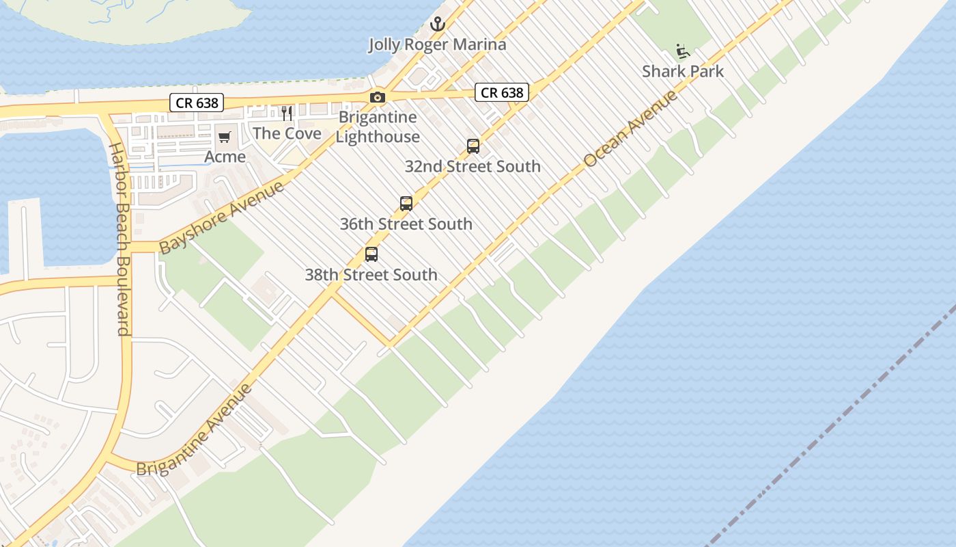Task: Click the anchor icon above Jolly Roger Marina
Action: point(437,25)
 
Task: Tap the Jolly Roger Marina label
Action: point(437,45)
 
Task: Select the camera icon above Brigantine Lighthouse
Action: point(378,98)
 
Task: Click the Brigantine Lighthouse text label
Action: point(378,127)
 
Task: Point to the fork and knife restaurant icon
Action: point(287,114)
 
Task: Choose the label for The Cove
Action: point(287,133)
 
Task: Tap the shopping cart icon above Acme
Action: point(225,137)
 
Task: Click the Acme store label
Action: point(225,157)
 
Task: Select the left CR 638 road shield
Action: point(197,103)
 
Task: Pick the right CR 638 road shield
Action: point(502,92)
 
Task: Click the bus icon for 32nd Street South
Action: point(473,146)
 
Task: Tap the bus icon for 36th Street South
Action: point(406,204)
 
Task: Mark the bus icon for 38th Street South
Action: point(371,254)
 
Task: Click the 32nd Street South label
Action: point(473,166)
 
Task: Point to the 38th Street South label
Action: point(371,275)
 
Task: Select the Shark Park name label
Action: point(683,71)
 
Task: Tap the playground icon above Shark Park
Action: point(682,51)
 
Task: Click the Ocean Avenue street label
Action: point(631,129)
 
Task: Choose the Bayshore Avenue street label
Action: point(221,217)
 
